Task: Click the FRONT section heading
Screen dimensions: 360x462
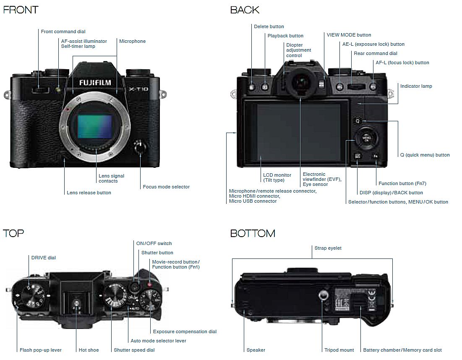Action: [21, 10]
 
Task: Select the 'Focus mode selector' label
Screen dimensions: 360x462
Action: [166, 187]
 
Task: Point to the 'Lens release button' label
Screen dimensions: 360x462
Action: [89, 193]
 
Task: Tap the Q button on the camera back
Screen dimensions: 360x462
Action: [358, 121]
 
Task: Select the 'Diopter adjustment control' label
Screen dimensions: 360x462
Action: [299, 50]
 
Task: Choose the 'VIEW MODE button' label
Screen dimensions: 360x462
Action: [349, 35]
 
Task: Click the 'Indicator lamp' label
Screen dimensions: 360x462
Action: [416, 86]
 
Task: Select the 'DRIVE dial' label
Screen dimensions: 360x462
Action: [44, 258]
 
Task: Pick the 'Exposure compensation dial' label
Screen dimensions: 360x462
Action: [185, 331]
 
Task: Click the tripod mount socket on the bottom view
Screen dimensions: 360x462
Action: [322, 296]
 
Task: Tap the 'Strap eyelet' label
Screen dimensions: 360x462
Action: [328, 248]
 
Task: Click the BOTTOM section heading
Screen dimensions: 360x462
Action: [253, 233]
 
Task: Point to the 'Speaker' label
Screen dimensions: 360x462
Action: [256, 350]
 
